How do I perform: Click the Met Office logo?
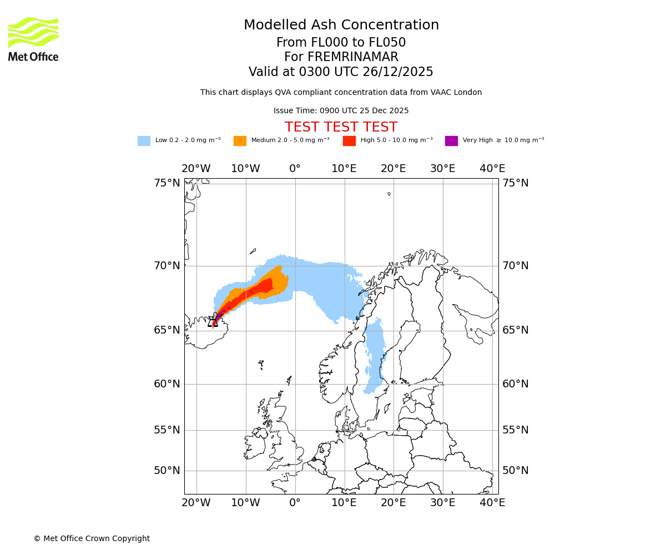[33, 39]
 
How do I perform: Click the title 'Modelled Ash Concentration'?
[341, 26]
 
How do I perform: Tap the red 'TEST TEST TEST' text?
[341, 128]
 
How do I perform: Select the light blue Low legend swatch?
[144, 141]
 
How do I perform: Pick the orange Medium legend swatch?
[240, 141]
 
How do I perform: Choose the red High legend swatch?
[349, 141]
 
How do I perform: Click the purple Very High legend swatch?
[451, 141]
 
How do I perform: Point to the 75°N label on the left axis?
[167, 183]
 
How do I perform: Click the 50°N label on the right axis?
[515, 471]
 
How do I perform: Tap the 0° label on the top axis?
[295, 169]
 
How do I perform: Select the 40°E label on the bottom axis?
[492, 503]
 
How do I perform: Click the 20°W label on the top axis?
[196, 169]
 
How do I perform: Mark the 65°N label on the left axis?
[167, 330]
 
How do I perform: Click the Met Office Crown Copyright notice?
[92, 539]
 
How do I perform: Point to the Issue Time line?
[341, 111]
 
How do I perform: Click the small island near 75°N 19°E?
[389, 194]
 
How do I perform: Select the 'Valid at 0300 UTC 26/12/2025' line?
[341, 72]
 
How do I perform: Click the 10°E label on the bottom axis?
[344, 503]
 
